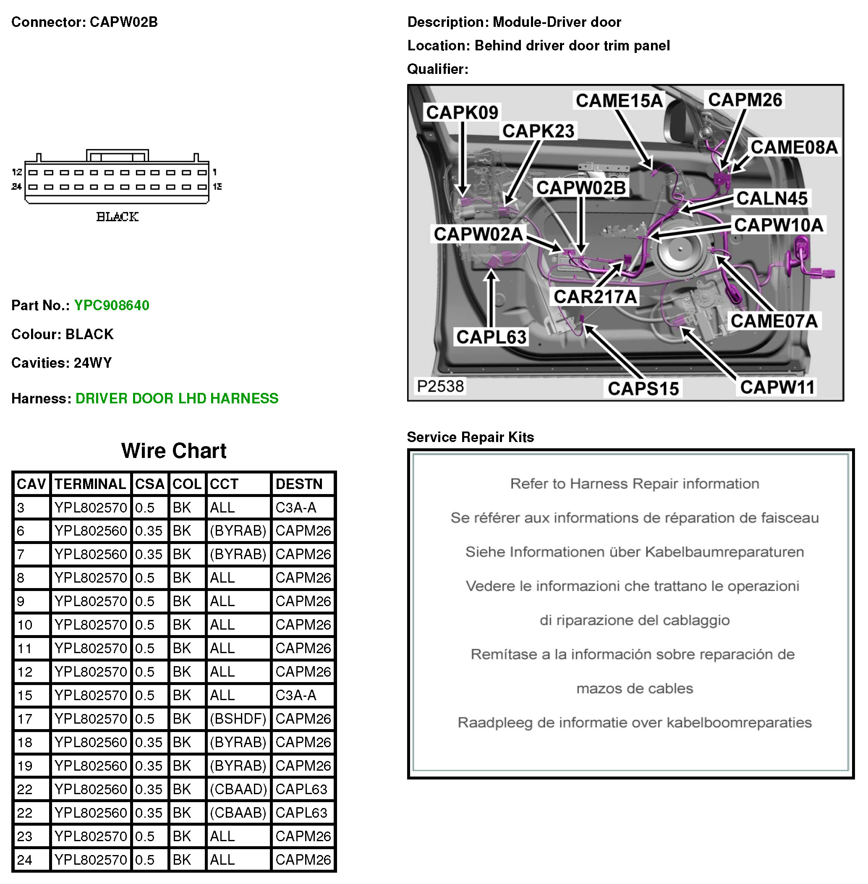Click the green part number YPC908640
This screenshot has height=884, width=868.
[112, 306]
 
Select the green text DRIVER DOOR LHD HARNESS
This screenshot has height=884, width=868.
[176, 398]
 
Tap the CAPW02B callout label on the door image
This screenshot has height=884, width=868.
[581, 188]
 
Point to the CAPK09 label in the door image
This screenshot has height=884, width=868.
[462, 112]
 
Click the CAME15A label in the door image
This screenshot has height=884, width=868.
[619, 101]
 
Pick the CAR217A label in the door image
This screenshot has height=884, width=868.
[594, 297]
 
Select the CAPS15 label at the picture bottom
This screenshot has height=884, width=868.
[643, 388]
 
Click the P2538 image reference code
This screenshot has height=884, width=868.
[440, 386]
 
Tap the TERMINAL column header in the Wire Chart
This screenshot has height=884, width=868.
[90, 484]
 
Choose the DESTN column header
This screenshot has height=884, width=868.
[299, 484]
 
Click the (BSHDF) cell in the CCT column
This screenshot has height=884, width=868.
[238, 719]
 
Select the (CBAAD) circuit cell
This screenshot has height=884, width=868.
[238, 789]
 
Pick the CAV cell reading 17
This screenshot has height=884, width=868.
[25, 719]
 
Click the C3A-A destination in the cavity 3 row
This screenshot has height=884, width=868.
[295, 507]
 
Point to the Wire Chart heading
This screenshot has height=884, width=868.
[174, 451]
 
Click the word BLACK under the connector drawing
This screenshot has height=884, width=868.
[117, 217]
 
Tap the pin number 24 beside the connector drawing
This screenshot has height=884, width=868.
[17, 186]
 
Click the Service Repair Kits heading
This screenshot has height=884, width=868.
[470, 437]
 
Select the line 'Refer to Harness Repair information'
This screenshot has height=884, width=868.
[634, 484]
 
